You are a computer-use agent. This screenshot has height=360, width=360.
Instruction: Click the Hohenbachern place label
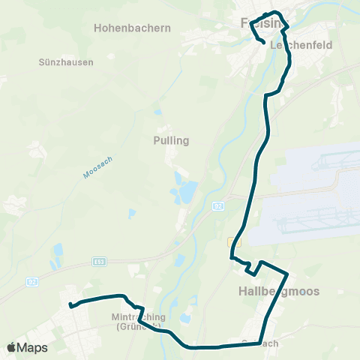coord(132,28)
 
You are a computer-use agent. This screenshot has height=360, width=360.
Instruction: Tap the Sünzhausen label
coord(66,62)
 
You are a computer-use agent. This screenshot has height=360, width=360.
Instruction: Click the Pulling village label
coord(171,140)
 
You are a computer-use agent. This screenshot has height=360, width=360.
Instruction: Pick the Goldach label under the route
coord(260,343)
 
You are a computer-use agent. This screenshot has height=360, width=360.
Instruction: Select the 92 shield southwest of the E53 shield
coord(31,281)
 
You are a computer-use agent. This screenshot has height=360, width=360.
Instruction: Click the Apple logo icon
coord(11,348)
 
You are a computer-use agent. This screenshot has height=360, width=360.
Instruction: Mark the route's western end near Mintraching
coord(70,304)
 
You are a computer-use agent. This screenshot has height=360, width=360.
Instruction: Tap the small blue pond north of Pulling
coord(157,112)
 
